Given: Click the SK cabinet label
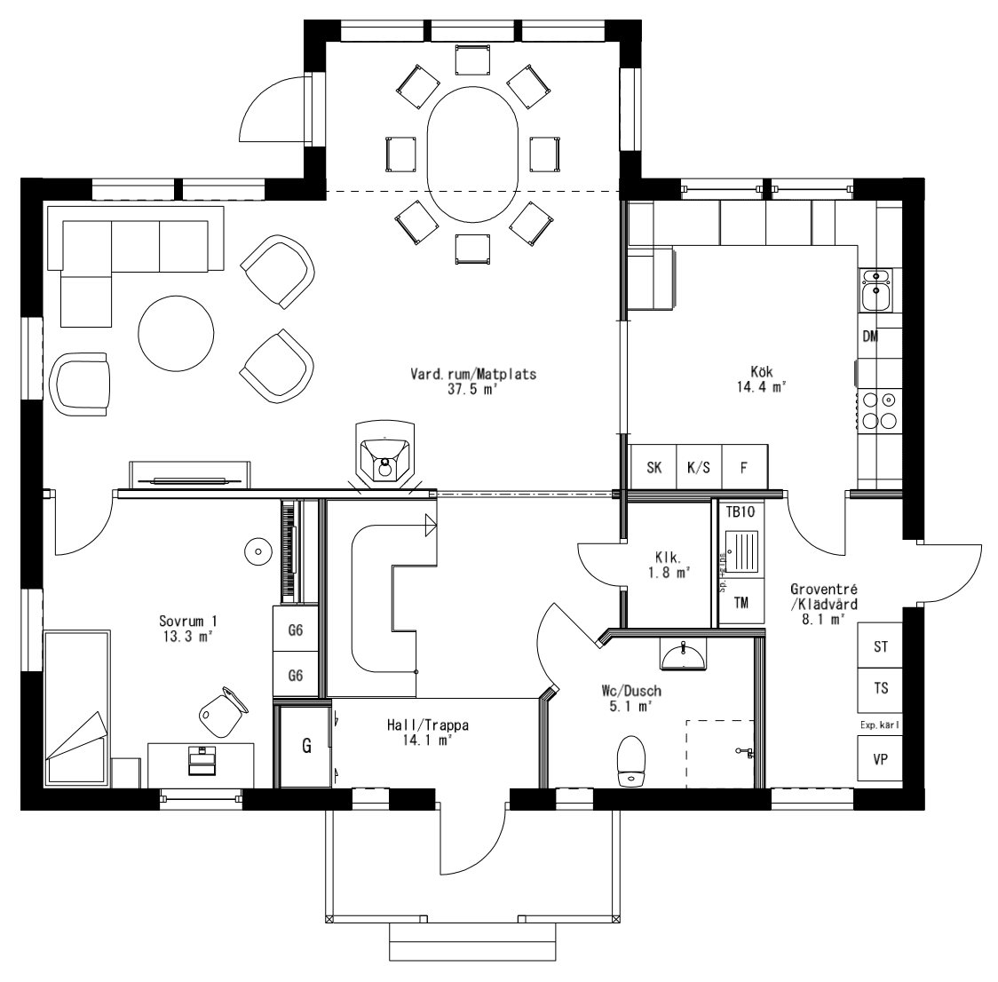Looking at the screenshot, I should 653,468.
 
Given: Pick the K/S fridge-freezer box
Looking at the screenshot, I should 699,468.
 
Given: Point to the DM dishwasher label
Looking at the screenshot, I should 870,337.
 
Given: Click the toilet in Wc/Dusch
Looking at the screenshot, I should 631,761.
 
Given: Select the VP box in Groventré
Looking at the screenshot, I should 881,759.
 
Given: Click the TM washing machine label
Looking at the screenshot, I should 741,604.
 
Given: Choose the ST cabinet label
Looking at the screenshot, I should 880,647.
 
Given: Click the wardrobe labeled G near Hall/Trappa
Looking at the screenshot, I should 305,746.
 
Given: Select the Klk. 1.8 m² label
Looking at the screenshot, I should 669,566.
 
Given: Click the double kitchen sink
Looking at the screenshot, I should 877,289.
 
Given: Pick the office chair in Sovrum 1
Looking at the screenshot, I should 220,709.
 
